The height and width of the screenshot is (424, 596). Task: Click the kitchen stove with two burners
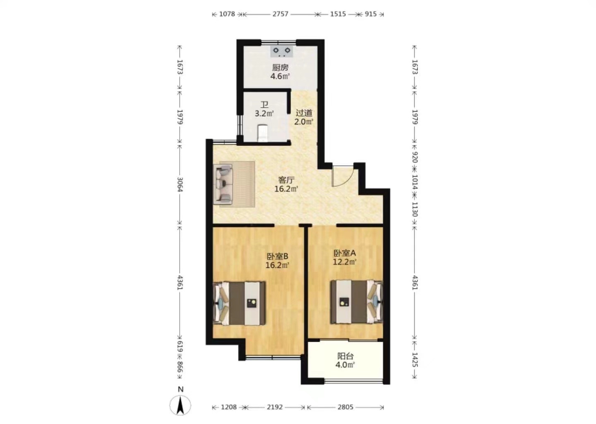[282, 51]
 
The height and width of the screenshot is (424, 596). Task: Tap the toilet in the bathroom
[262, 133]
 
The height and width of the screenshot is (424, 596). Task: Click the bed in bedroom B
[240, 304]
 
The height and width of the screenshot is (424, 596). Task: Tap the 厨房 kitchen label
[280, 67]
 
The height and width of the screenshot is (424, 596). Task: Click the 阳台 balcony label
[345, 356]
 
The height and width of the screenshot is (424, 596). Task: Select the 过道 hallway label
[304, 113]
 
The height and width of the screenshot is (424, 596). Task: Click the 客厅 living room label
[286, 180]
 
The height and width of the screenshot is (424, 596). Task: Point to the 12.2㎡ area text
[344, 262]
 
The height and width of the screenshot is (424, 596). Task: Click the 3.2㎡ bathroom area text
[264, 113]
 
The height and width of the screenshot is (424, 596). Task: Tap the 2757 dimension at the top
[280, 14]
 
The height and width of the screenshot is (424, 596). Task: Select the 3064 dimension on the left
[180, 184]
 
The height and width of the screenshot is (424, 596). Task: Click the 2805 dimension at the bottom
[345, 407]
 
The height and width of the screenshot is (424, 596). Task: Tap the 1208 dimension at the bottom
[229, 407]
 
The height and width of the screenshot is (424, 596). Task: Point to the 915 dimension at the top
[371, 14]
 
